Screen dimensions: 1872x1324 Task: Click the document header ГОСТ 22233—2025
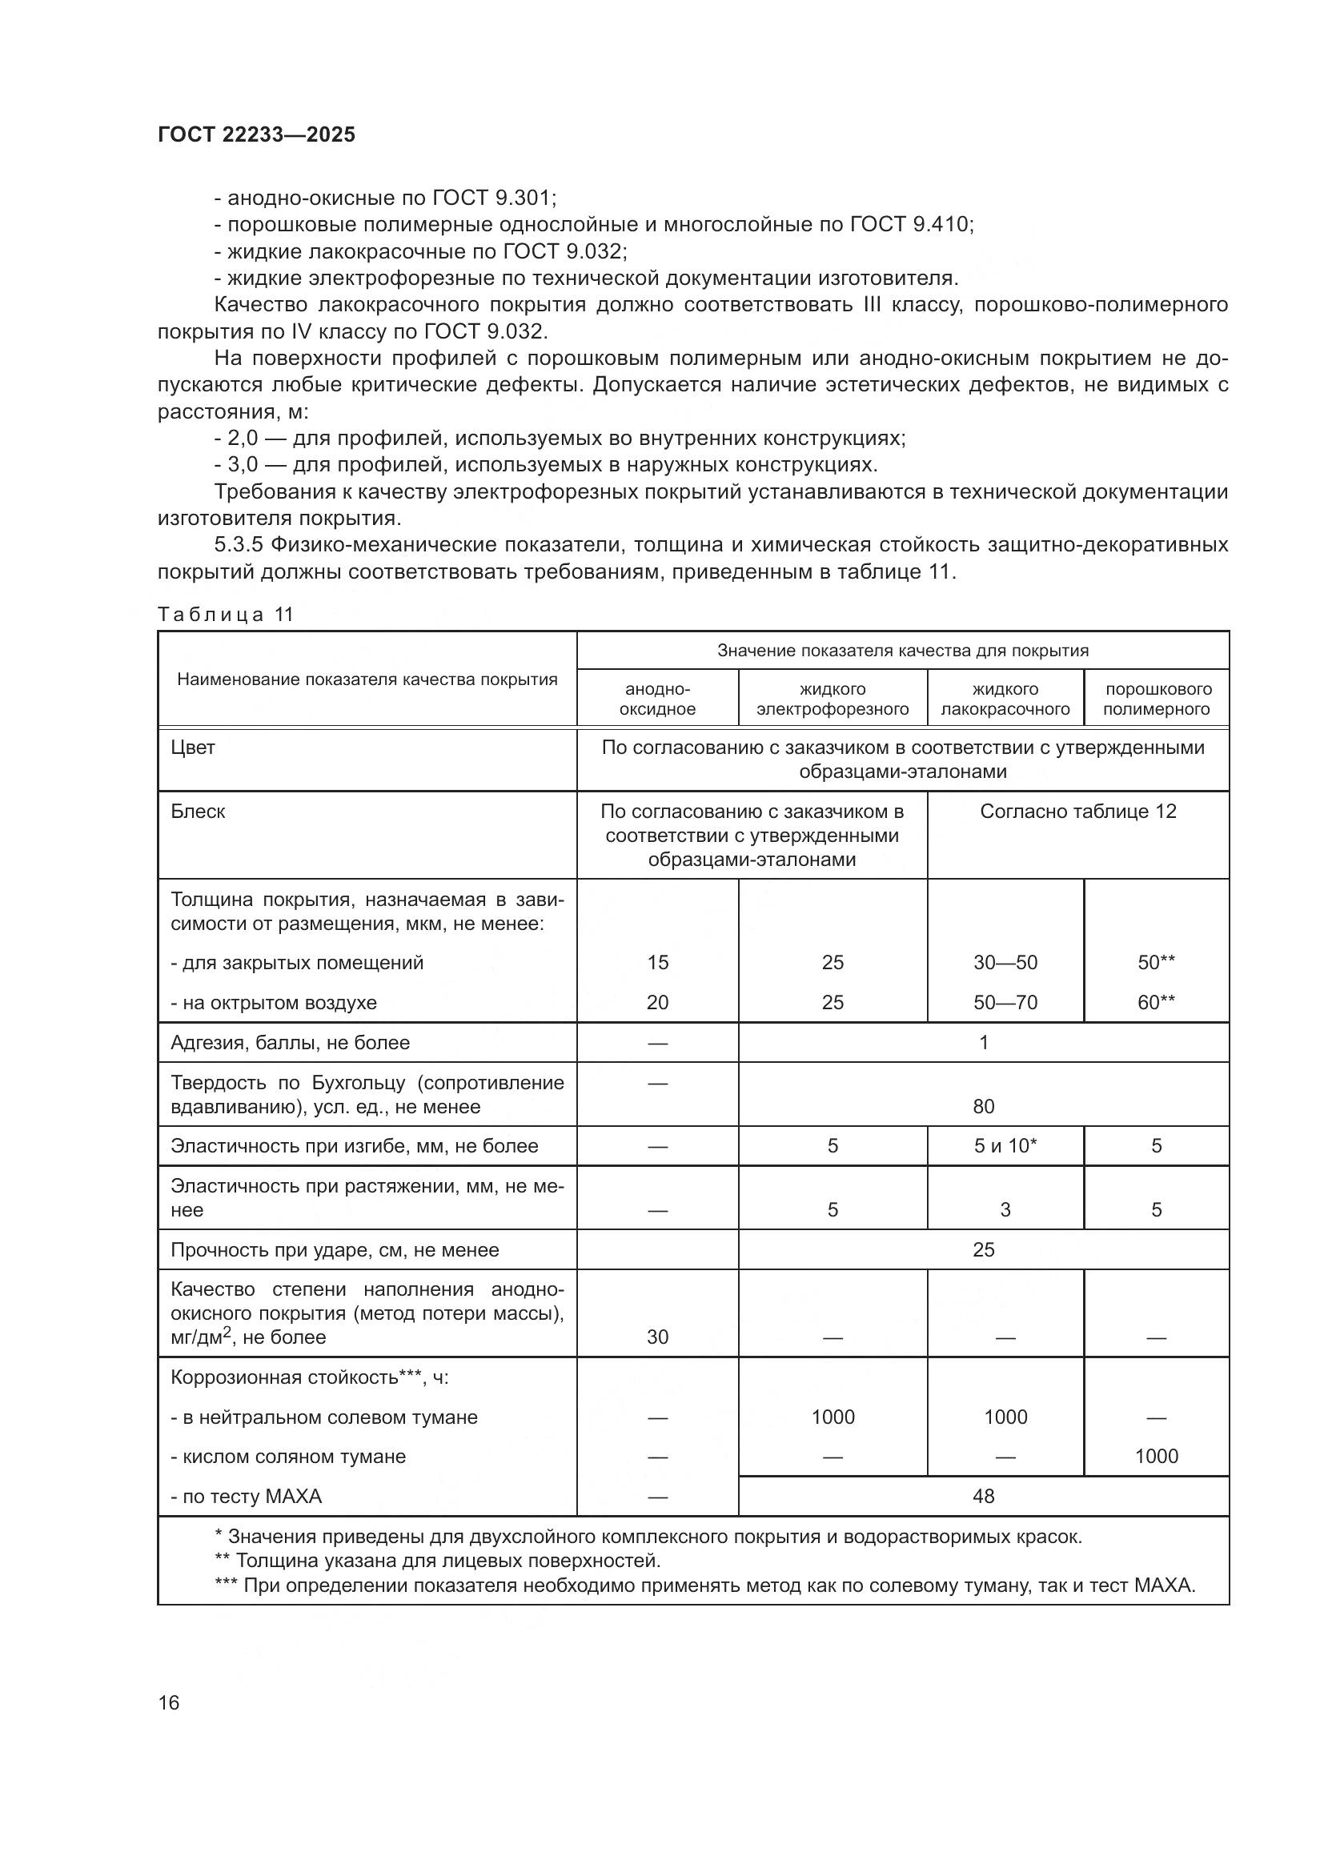[x=256, y=134]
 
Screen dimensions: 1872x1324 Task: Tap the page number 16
[x=169, y=1702]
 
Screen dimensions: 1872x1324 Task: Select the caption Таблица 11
[x=225, y=615]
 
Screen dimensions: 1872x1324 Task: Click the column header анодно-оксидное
[x=657, y=699]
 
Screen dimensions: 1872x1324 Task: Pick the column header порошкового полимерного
[x=1156, y=699]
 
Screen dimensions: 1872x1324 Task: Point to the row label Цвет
[x=192, y=748]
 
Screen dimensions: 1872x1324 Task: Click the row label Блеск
[x=197, y=812]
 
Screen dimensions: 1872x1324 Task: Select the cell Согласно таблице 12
[x=1077, y=812]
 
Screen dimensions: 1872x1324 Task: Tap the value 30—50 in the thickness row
[x=1005, y=962]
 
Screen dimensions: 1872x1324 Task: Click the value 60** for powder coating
[x=1156, y=1002]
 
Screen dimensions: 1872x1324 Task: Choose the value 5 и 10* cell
[x=1005, y=1145]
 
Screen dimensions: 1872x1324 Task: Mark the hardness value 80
[x=983, y=1106]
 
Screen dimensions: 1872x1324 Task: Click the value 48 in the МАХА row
[x=983, y=1496]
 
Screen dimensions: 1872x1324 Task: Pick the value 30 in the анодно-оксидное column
[x=657, y=1337]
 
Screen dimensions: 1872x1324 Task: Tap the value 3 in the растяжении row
[x=1005, y=1210]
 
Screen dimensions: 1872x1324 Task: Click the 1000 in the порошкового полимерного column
[x=1156, y=1456]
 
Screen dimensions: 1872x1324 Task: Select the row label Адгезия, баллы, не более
[x=290, y=1043]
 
